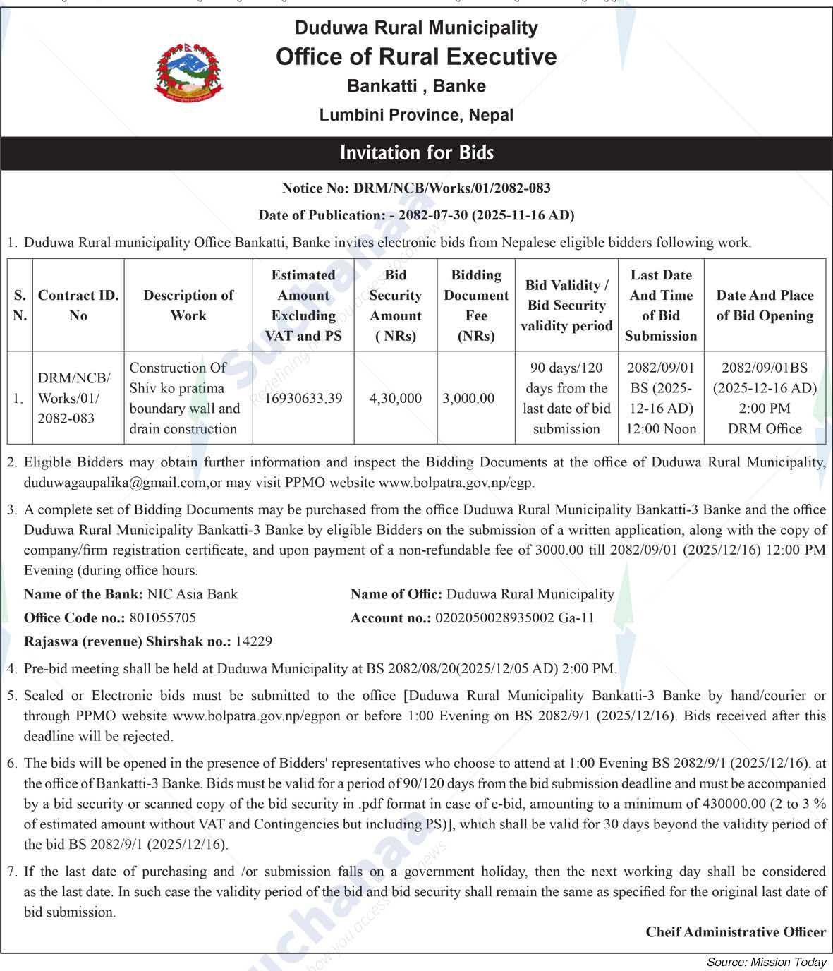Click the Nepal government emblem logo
click(189, 71)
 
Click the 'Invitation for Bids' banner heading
click(416, 153)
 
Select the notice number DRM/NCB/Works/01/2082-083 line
click(416, 188)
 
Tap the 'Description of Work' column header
click(188, 306)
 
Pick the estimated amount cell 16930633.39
click(303, 399)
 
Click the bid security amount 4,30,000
click(395, 399)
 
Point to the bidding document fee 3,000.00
click(468, 399)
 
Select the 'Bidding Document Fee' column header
click(476, 306)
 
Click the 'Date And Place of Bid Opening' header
click(765, 306)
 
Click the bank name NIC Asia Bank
click(193, 594)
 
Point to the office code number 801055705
click(163, 618)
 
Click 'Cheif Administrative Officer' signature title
click(736, 932)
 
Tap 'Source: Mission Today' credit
click(766, 962)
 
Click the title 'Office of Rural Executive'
click(416, 56)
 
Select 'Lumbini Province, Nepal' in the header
click(416, 115)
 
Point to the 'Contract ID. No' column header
click(78, 306)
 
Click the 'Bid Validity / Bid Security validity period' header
click(566, 306)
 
